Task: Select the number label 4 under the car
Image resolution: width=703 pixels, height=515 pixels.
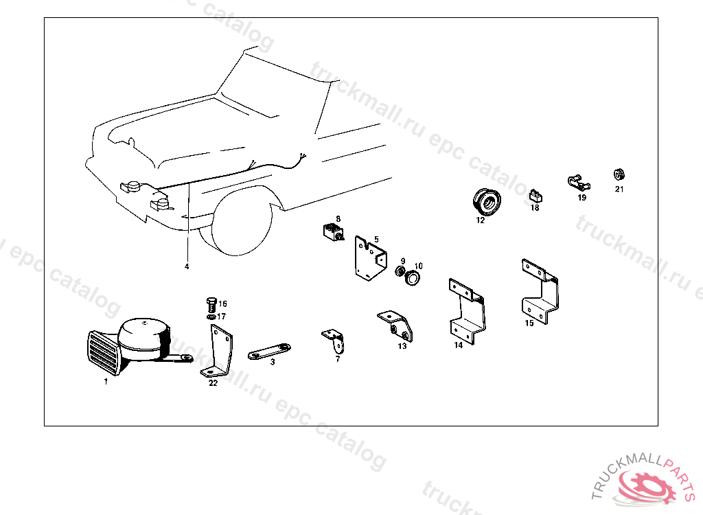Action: (186, 266)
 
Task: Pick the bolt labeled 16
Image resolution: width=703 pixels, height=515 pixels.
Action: (211, 303)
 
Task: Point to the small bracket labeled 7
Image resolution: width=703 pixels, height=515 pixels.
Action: (334, 339)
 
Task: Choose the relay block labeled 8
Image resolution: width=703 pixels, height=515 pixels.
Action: (333, 233)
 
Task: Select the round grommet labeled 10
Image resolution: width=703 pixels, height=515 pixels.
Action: (413, 279)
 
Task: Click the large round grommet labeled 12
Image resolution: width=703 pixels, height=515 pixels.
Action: (486, 201)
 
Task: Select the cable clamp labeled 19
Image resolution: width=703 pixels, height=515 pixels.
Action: (578, 183)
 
